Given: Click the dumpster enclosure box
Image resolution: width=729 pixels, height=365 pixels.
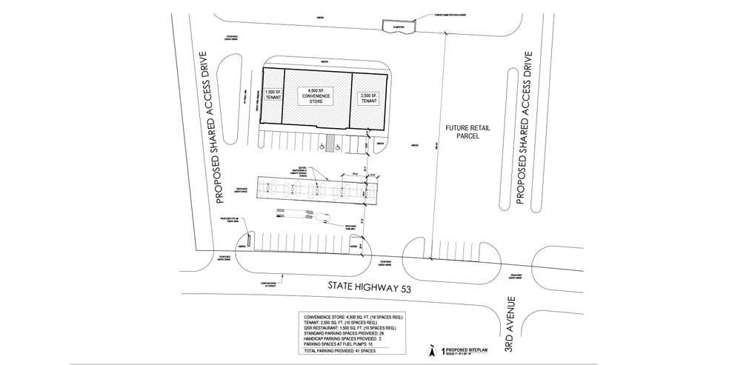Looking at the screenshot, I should (398, 27).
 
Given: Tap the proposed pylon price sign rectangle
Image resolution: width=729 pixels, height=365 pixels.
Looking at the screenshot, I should (250, 239).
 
